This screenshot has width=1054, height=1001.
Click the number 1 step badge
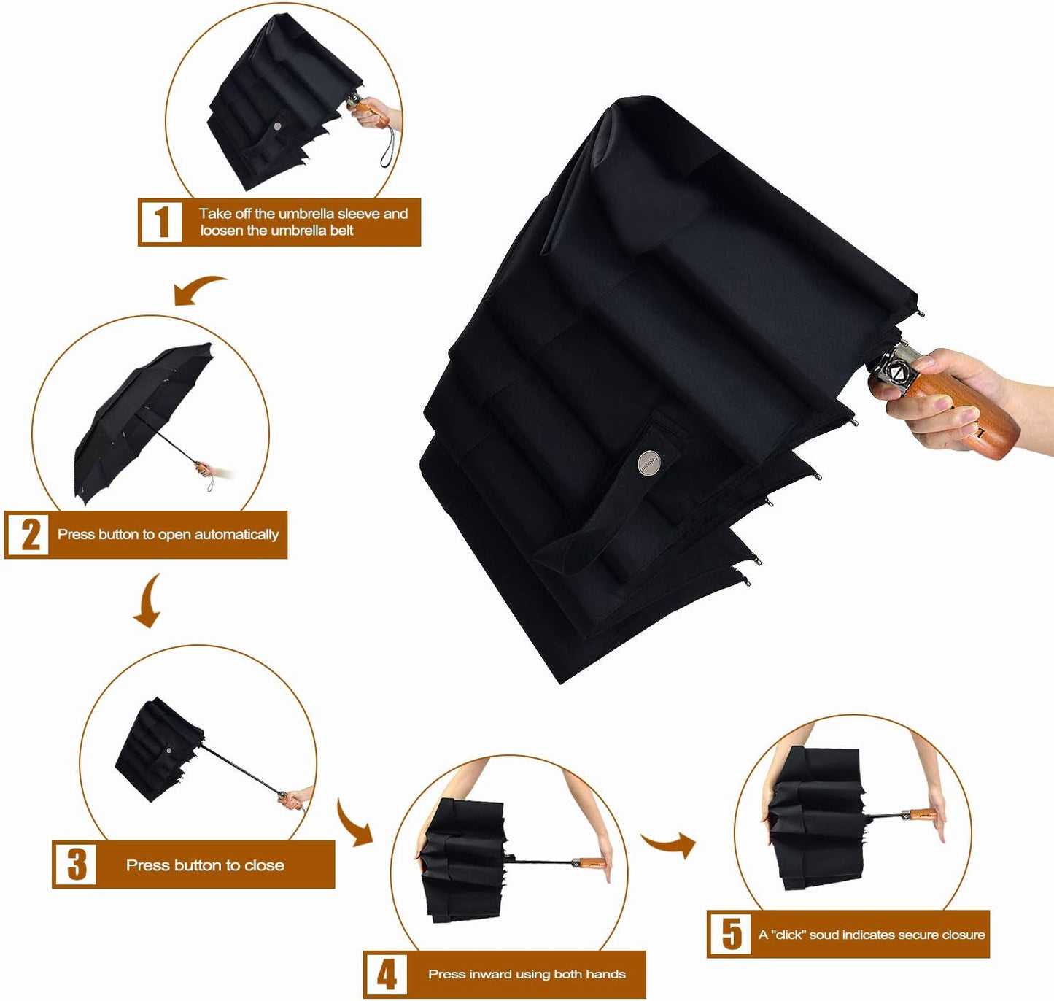(161, 222)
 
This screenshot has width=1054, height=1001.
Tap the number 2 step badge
(28, 535)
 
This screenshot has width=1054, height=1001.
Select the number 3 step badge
(76, 865)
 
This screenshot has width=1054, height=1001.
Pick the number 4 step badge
(387, 974)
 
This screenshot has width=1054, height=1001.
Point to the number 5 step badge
(730, 934)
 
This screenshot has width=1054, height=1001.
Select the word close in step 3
(264, 865)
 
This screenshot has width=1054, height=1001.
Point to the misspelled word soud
(824, 935)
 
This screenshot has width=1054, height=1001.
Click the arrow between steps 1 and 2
(198, 289)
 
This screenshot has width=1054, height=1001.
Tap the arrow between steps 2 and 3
(149, 602)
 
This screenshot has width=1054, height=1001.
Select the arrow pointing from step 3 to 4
(354, 824)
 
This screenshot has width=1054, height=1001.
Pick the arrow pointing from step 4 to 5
(670, 844)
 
